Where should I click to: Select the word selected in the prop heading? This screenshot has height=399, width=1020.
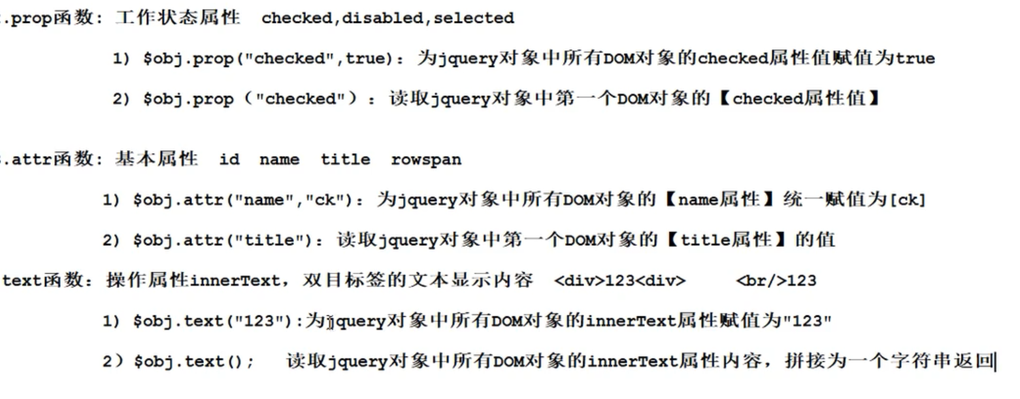474,18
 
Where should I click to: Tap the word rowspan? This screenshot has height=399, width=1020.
426,160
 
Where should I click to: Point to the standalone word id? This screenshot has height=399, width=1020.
229,160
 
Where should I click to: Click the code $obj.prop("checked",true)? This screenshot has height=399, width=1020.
270,59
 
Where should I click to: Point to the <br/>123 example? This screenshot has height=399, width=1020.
776,281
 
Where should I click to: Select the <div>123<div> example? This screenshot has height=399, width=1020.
620,281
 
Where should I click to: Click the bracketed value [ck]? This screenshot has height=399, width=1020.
908,200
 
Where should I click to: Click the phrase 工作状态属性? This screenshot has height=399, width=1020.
178,18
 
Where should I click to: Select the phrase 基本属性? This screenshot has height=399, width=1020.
156,160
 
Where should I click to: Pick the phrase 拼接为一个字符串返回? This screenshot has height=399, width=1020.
889,362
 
